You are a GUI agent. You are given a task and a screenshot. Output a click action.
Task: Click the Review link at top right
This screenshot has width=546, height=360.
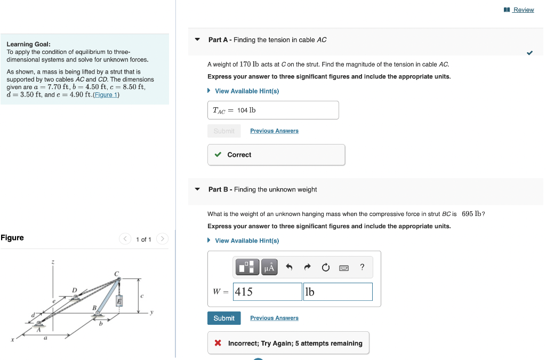coord(523,10)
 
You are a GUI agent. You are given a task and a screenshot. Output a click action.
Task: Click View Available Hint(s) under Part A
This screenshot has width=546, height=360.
coord(246,91)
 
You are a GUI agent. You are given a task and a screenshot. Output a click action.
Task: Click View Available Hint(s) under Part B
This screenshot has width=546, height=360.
coord(246,241)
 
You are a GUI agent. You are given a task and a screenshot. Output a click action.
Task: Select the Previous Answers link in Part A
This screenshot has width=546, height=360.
coord(274,131)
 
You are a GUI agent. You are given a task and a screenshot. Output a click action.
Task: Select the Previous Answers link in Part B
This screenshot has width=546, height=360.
coord(274,318)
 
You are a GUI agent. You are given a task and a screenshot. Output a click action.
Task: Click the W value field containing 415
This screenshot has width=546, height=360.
coord(267,292)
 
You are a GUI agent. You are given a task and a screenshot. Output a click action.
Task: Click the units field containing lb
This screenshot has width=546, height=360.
coord(337,292)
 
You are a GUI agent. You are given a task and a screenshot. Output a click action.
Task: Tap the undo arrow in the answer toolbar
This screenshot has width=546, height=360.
coord(289,267)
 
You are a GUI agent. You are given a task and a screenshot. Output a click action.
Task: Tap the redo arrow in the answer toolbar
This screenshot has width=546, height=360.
coord(307,267)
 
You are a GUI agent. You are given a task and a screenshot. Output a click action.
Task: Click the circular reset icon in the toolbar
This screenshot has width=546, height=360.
coord(325,267)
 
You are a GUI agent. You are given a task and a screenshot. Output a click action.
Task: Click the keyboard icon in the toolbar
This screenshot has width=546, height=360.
coord(344,267)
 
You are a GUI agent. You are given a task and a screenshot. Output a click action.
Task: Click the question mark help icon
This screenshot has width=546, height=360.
coord(362,267)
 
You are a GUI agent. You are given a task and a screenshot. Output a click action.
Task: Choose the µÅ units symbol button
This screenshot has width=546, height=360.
coord(269,267)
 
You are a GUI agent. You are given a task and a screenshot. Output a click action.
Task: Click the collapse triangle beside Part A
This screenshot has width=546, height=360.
coord(197,40)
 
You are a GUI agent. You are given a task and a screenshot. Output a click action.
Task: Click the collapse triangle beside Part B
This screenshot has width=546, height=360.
coord(197,189)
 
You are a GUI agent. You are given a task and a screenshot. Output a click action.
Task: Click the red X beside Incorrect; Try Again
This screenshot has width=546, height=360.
coord(218,343)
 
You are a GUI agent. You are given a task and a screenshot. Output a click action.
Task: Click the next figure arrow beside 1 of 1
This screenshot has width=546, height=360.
coord(163,239)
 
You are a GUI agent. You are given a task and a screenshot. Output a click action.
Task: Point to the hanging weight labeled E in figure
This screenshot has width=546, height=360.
coord(119,301)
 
